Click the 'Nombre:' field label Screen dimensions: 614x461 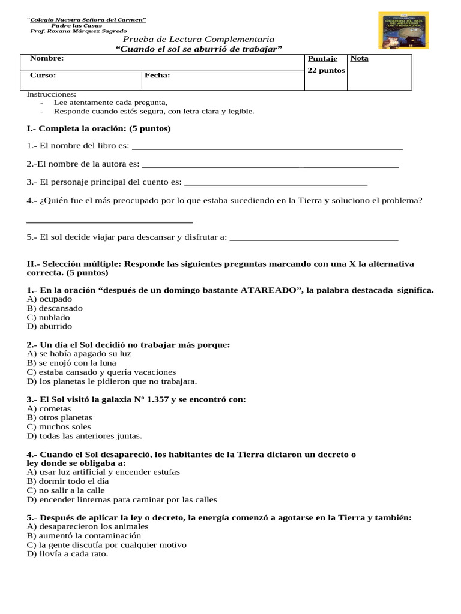(47, 59)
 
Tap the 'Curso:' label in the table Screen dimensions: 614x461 (43, 76)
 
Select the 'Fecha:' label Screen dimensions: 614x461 (157, 76)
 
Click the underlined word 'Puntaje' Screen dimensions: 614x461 (322, 59)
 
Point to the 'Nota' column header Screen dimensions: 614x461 (359, 59)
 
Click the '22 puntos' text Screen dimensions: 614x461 (326, 70)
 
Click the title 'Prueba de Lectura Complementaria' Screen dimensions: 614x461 (199, 39)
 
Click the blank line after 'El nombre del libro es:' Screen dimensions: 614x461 (267, 148)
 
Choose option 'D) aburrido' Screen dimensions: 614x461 (50, 326)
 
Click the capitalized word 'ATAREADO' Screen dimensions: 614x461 (270, 290)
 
